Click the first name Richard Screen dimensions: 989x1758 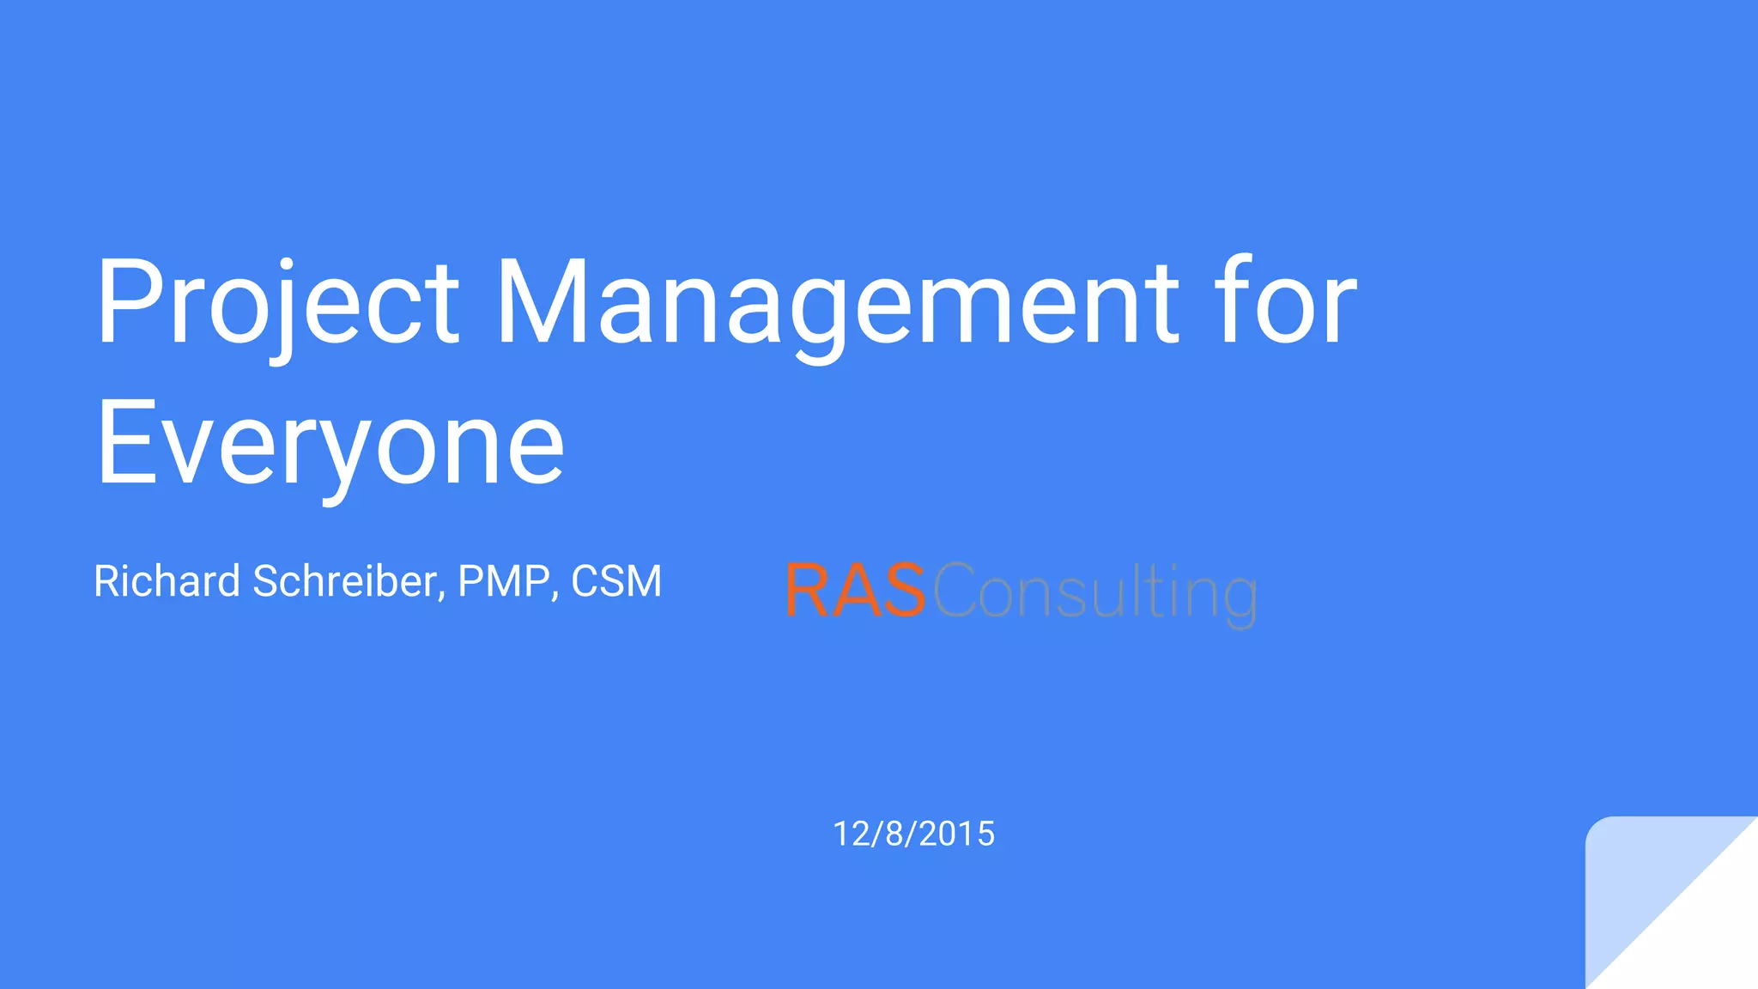(x=167, y=581)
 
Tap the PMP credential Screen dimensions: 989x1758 (x=504, y=581)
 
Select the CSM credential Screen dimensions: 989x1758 (x=616, y=581)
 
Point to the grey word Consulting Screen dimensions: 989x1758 (x=1094, y=592)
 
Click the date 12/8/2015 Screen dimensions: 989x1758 (x=913, y=834)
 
